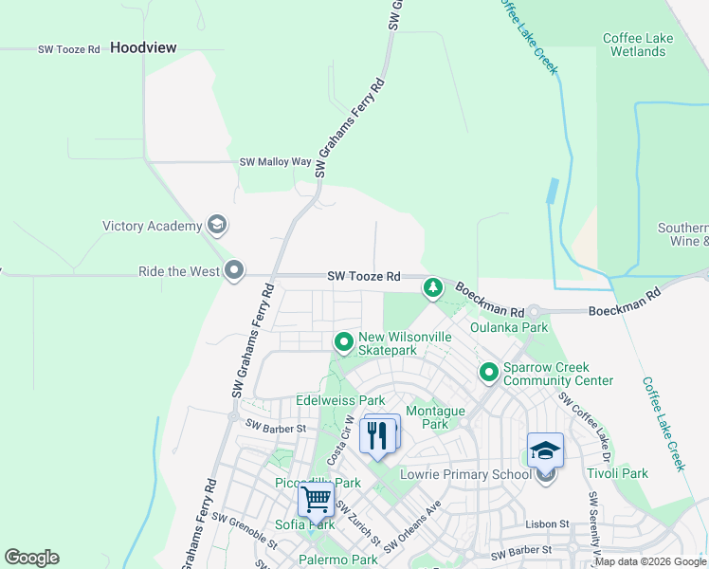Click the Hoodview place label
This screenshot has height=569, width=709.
143,46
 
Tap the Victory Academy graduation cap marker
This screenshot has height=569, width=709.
217,226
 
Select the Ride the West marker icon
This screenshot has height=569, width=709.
234,271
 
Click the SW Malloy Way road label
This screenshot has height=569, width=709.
275,162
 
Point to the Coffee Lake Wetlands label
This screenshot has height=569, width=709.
638,45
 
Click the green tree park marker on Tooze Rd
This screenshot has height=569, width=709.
433,285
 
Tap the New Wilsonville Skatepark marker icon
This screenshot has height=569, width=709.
343,340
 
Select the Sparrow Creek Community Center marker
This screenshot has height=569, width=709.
489,371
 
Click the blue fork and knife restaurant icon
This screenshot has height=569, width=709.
378,434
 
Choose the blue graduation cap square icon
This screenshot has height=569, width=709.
545,450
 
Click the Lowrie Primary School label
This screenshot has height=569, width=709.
465,474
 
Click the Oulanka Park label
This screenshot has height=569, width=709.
510,328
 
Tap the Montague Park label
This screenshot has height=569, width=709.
435,417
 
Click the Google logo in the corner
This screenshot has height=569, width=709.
31,558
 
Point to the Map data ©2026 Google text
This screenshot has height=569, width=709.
650,561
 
